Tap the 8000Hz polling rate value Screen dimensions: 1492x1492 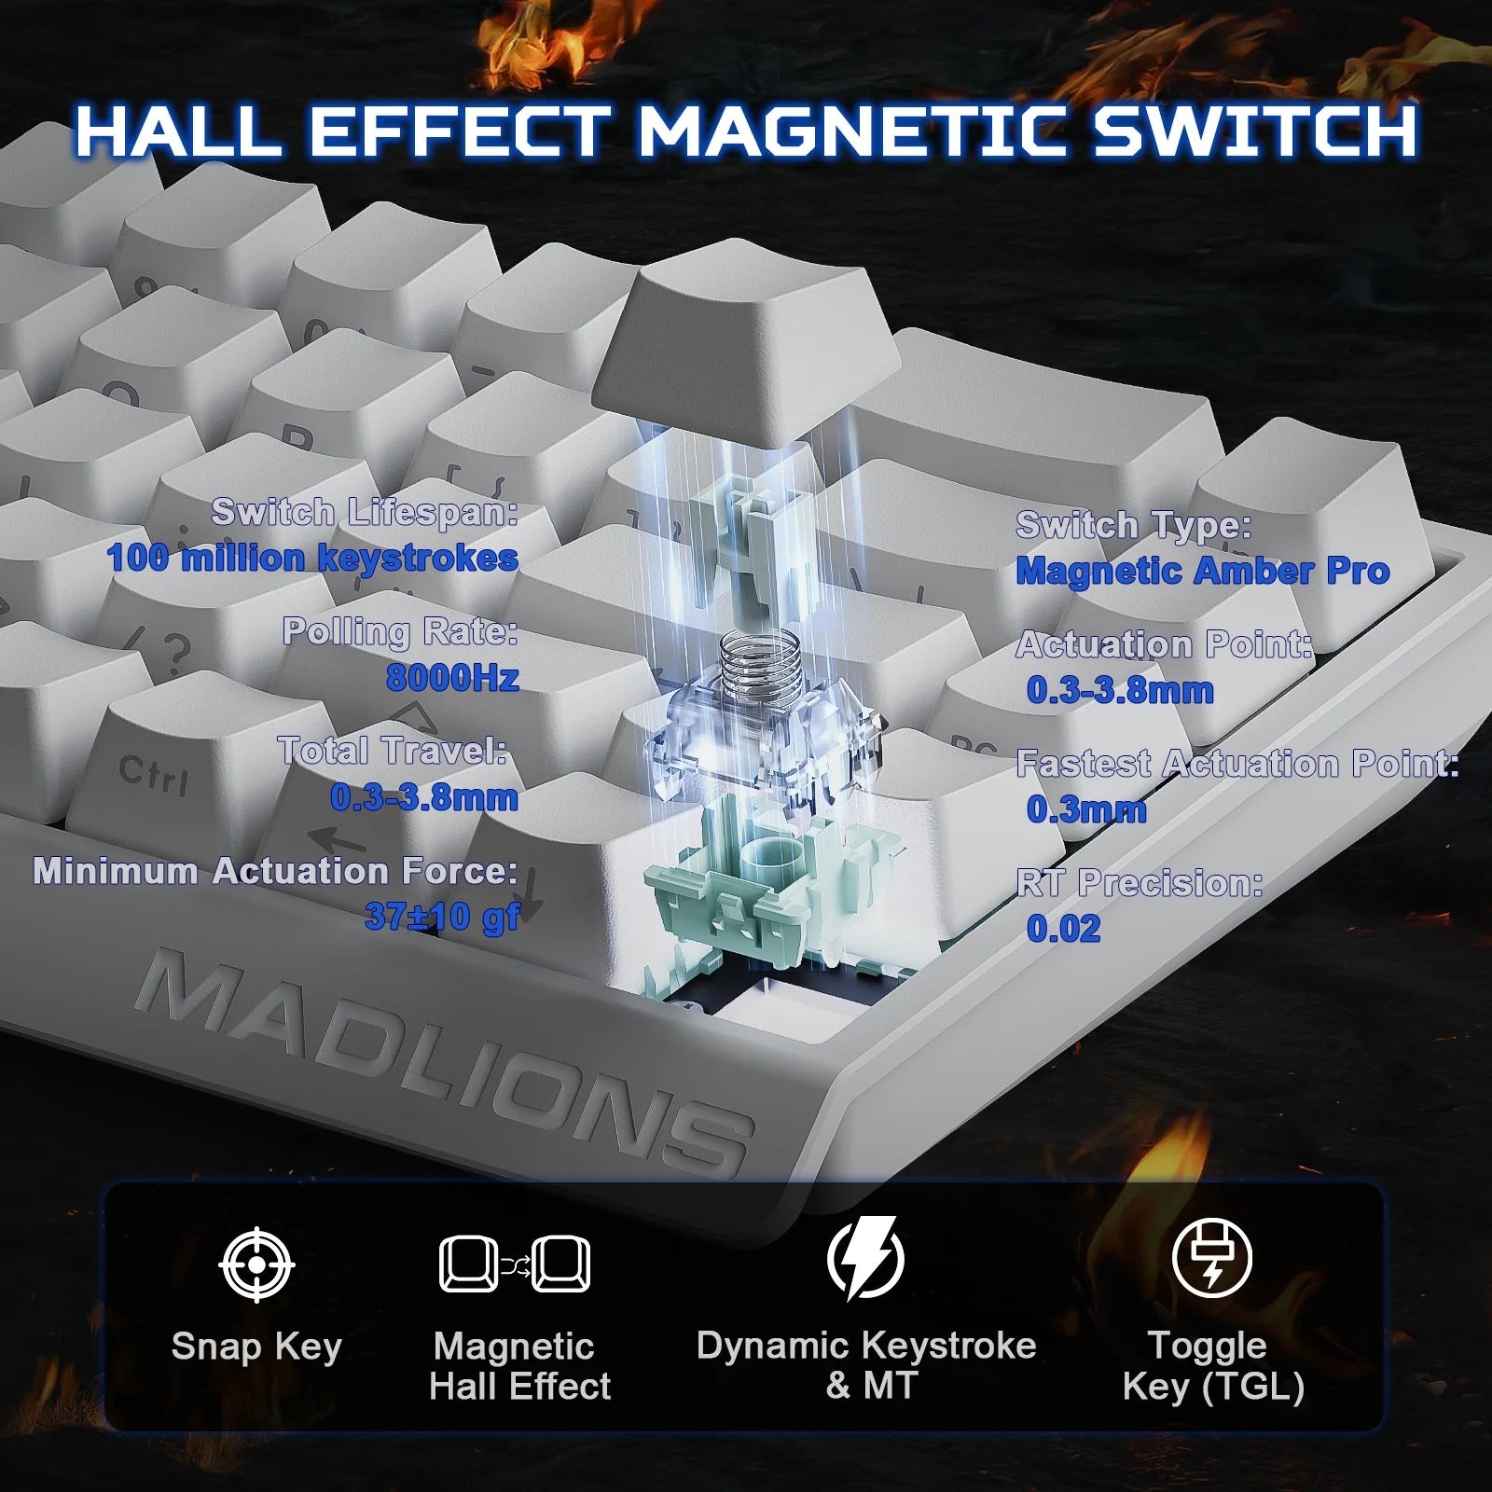pyautogui.click(x=452, y=677)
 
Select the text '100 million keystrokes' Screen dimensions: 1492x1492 pyautogui.click(x=312, y=558)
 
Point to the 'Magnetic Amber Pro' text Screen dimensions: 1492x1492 pyautogui.click(x=1202, y=571)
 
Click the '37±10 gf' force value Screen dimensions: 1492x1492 pyautogui.click(x=442, y=917)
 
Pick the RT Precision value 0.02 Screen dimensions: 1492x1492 pyautogui.click(x=1063, y=928)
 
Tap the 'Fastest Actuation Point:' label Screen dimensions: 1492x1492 pyautogui.click(x=1236, y=764)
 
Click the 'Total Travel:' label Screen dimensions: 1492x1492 pyautogui.click(x=393, y=751)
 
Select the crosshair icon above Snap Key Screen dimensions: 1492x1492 pyautogui.click(x=256, y=1264)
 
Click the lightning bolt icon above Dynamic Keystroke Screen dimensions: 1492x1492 pyautogui.click(x=865, y=1258)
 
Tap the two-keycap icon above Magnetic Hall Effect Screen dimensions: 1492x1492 pyautogui.click(x=515, y=1264)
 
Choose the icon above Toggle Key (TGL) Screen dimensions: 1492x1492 pyautogui.click(x=1211, y=1258)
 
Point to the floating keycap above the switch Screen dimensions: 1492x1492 pyautogui.click(x=746, y=336)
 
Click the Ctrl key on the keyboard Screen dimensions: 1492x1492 pyautogui.click(x=154, y=774)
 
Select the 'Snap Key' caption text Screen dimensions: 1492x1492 pyautogui.click(x=256, y=1347)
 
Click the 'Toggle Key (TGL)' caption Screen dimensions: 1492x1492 pyautogui.click(x=1211, y=1366)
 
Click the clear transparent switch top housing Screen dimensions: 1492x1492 pyautogui.click(x=765, y=737)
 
